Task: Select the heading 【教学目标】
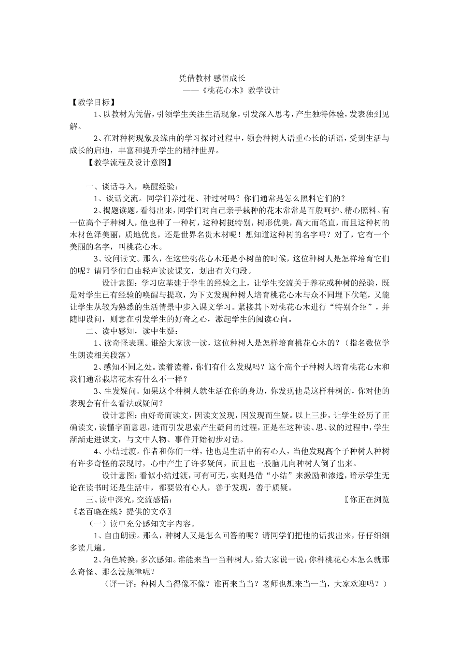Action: coord(92,103)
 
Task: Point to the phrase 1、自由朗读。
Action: coord(116,535)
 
